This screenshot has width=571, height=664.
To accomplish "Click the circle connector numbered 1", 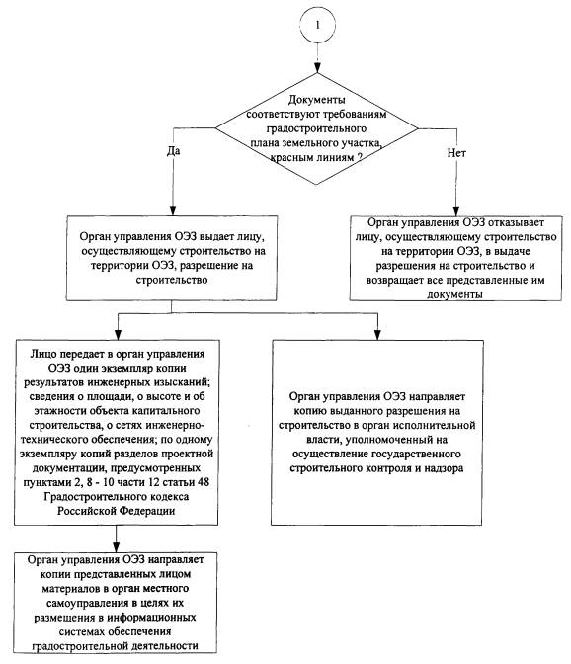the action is pos(317,25).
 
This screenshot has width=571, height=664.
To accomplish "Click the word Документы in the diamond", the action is pos(316,100).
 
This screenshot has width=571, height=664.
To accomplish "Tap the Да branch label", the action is pos(173,151).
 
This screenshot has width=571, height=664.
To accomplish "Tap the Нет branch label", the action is pos(456,153).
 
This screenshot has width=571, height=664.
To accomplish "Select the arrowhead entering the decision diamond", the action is pos(317,68).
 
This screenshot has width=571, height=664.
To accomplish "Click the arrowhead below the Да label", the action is pos(173,210).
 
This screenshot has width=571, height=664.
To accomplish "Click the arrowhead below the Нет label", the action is pos(455,211).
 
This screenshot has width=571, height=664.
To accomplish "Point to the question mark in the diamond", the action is pos(360,157).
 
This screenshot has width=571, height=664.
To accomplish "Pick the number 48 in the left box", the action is pos(203,482).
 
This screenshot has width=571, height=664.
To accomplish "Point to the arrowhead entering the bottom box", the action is pos(116,546).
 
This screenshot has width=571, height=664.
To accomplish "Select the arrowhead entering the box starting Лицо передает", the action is pos(118,335).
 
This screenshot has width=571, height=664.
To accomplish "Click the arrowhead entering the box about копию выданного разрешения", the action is pos(377,335).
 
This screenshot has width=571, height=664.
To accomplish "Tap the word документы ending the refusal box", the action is pos(454,294).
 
